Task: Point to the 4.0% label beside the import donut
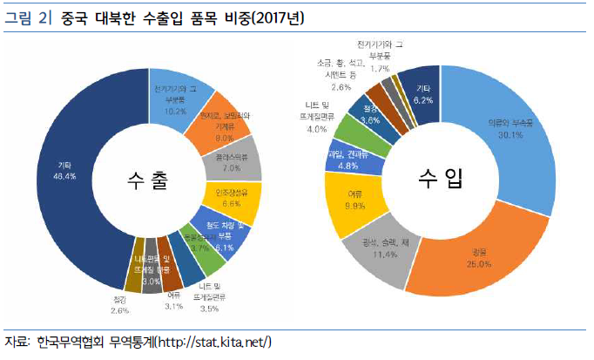pyautogui.click(x=316, y=129)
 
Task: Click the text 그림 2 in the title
pyautogui.click(x=23, y=17)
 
